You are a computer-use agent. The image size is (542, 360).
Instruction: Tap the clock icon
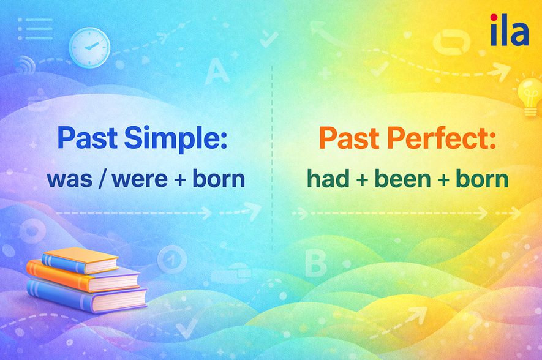89,47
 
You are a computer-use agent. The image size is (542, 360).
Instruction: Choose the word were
136,179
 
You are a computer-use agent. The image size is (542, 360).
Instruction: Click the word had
324,179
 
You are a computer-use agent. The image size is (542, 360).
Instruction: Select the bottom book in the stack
86,298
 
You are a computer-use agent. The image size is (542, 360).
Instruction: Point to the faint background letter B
315,264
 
